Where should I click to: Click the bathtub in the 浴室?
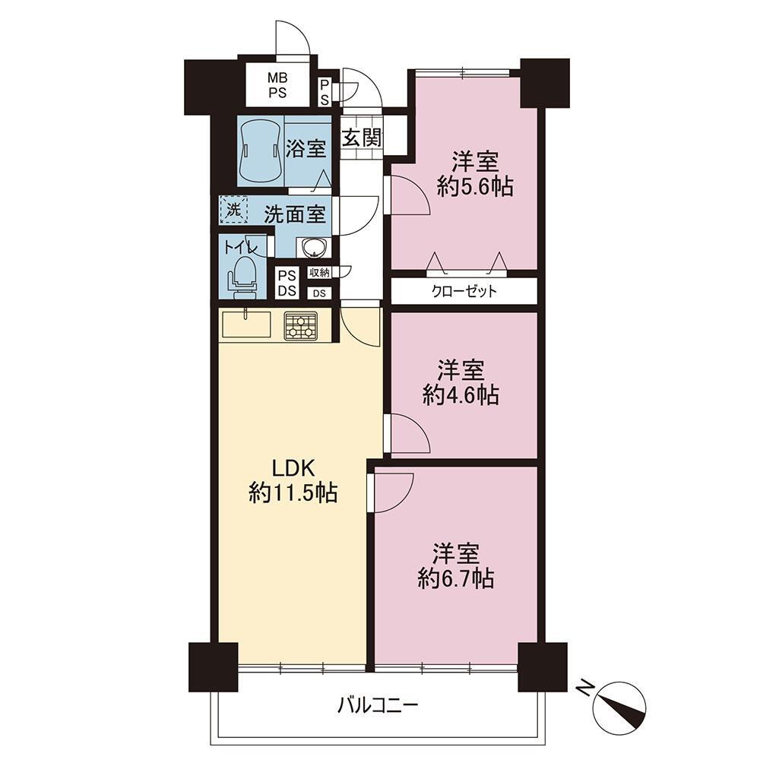click(261, 149)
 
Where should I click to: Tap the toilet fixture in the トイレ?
click(242, 276)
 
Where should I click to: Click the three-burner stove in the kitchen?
click(301, 325)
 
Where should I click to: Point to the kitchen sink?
click(246, 325)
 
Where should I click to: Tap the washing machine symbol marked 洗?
click(234, 210)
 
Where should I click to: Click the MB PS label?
click(277, 85)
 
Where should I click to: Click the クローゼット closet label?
click(464, 291)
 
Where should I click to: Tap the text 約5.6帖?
click(475, 186)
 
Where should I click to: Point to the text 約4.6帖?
click(461, 395)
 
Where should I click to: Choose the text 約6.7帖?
click(456, 578)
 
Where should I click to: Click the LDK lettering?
click(293, 469)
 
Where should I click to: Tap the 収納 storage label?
click(319, 273)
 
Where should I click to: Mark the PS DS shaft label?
click(287, 283)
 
